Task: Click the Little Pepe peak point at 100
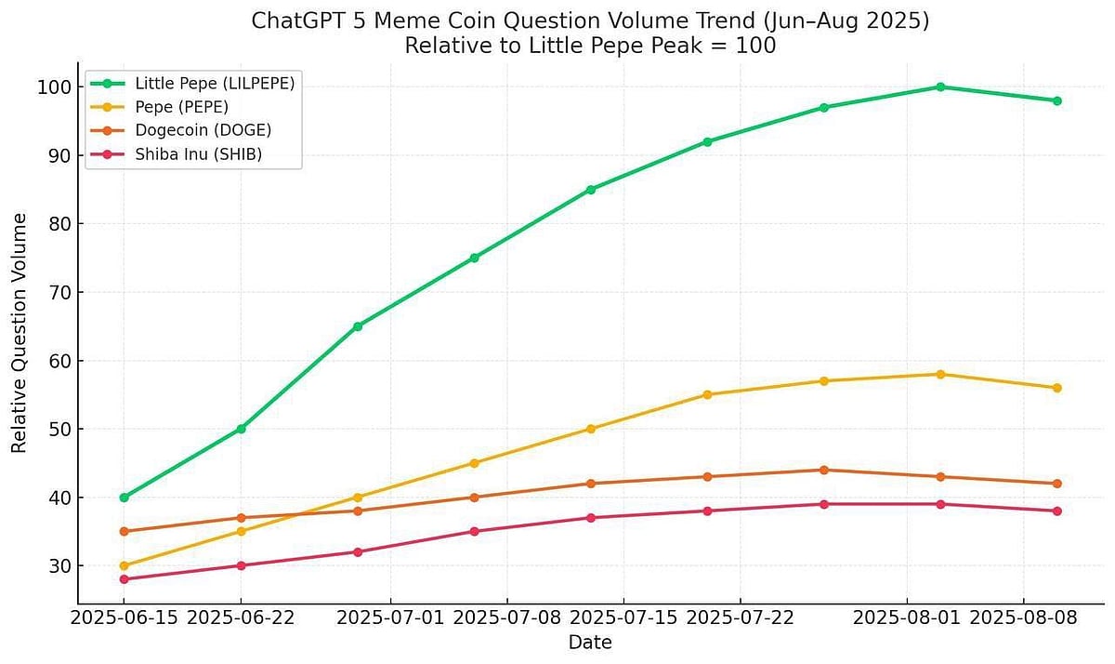tap(940, 86)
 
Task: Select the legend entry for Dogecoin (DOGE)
tap(203, 130)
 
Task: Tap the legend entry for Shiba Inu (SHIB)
tap(198, 154)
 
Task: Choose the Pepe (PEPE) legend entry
tap(181, 107)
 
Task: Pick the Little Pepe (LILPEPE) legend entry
tap(214, 83)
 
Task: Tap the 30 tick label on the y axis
tap(57, 565)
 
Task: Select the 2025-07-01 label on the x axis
tap(390, 618)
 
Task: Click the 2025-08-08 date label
tap(1023, 618)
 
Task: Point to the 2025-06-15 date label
tap(125, 618)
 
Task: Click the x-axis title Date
tap(590, 643)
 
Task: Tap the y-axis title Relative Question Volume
tap(20, 333)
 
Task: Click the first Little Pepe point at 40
tap(125, 498)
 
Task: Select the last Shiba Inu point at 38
tap(1056, 511)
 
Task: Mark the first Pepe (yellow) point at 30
tap(125, 565)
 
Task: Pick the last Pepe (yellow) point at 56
tap(1056, 388)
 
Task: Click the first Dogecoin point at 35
tap(125, 531)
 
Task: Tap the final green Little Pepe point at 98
tap(1056, 100)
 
